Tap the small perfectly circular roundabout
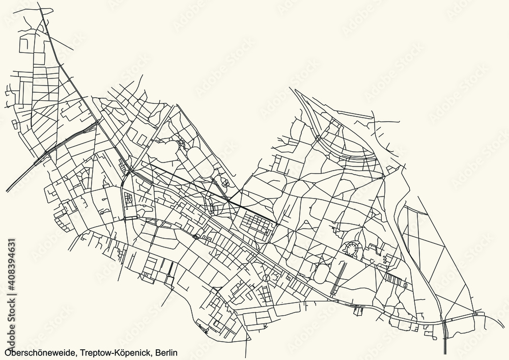266,278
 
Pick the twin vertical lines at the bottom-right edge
445,336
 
